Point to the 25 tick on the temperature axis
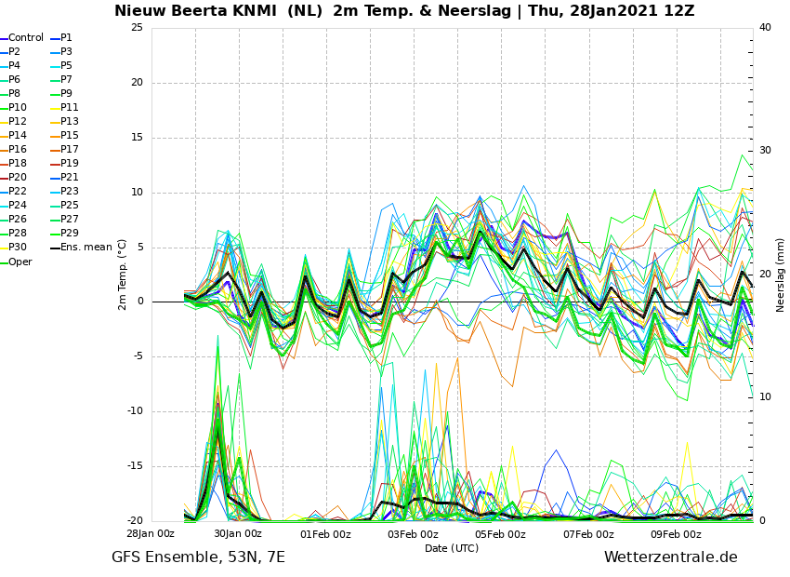pyautogui.click(x=137, y=27)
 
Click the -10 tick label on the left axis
pyautogui.click(x=134, y=411)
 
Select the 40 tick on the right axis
pyautogui.click(x=765, y=27)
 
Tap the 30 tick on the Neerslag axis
pyautogui.click(x=765, y=151)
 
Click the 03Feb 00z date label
pyautogui.click(x=414, y=534)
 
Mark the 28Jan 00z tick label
pyautogui.click(x=151, y=534)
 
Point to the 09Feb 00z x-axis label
pyautogui.click(x=676, y=534)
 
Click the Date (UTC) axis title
pyautogui.click(x=452, y=548)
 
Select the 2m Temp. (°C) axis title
pyautogui.click(x=123, y=275)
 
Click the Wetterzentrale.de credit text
pyautogui.click(x=671, y=557)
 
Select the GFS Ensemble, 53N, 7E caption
pyautogui.click(x=198, y=557)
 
